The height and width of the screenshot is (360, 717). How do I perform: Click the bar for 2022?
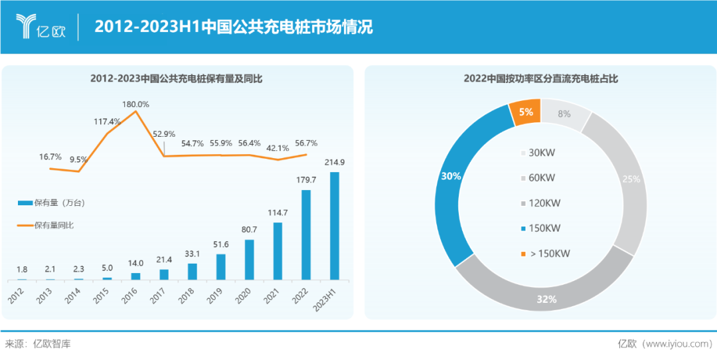point(306,234)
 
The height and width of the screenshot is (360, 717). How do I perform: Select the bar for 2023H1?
point(335,226)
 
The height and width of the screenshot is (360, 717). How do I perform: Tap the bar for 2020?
point(249,259)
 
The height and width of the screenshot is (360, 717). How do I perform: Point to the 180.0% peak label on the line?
point(135,104)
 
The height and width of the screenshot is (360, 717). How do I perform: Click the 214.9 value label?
point(335,162)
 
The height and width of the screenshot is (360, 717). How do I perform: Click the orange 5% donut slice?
point(525,112)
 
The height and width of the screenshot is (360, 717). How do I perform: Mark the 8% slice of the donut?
point(565,114)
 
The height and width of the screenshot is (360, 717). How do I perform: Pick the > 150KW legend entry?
point(544,253)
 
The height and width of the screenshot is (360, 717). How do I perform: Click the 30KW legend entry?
point(538,153)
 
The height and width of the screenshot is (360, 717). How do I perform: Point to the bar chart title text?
point(176,78)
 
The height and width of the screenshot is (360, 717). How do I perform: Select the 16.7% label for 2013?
point(50,157)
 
